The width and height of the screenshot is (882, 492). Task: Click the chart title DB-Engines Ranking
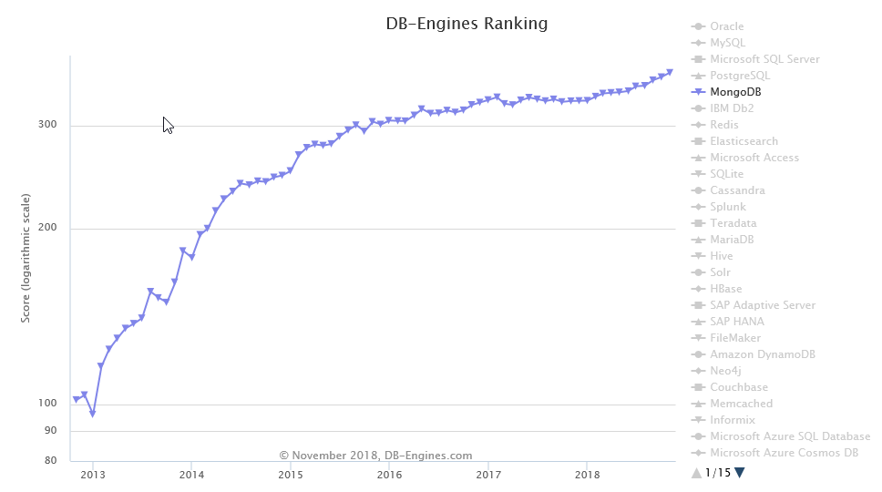467,24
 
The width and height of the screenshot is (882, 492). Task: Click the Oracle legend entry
726,26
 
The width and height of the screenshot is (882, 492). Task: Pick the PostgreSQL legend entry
739,76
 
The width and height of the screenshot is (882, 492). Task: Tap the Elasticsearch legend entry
744,141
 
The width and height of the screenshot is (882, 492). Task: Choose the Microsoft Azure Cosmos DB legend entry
784,453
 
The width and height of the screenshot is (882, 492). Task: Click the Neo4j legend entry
727,371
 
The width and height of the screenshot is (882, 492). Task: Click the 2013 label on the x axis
92,475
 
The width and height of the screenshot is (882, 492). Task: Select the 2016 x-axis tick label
389,475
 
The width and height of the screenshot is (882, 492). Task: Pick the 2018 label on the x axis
588,475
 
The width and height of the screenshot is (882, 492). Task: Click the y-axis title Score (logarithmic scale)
26,258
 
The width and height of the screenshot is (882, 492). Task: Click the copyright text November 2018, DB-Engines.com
375,456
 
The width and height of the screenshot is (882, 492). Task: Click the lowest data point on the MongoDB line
93,414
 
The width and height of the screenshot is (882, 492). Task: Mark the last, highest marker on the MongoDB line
670,72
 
